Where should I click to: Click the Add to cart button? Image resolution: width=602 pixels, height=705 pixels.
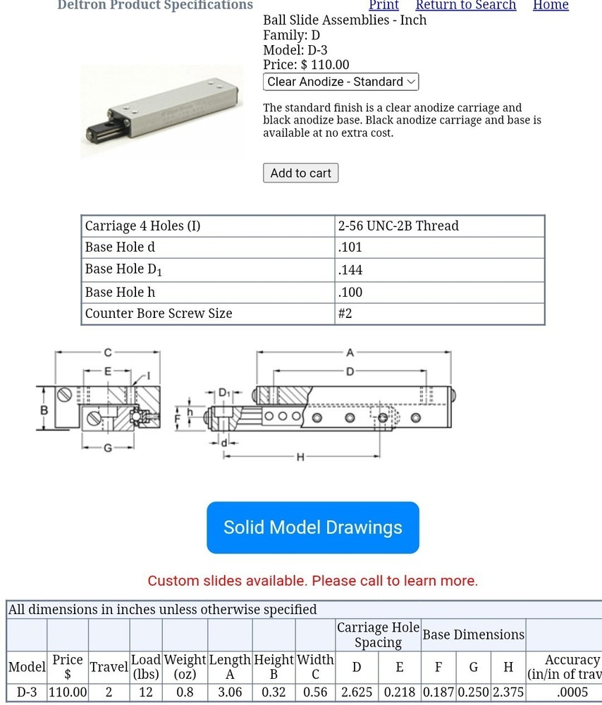point(300,173)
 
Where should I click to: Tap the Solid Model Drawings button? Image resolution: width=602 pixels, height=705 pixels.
point(313,527)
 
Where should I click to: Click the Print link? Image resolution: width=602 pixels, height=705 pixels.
point(383,5)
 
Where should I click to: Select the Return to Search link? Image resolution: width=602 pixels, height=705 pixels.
point(465,5)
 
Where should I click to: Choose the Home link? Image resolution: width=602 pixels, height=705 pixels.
point(551,5)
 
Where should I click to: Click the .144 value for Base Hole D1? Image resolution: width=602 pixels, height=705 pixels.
point(350,270)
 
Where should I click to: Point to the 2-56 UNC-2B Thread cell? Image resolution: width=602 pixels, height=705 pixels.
point(398,226)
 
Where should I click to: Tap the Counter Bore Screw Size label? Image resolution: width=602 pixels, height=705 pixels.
point(159,314)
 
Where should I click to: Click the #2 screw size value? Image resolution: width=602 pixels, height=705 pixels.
point(345,314)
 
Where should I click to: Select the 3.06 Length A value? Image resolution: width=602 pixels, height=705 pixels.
point(230,692)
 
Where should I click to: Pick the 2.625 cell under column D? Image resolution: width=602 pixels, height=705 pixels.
point(357,692)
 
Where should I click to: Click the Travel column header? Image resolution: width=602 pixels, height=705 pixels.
point(109,667)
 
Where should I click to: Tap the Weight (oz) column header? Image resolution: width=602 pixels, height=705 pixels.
point(185,667)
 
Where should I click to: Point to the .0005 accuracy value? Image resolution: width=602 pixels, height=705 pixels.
point(572,692)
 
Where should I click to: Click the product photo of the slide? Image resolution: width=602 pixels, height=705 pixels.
point(161,113)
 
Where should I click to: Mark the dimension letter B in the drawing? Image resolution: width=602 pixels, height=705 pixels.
point(44,410)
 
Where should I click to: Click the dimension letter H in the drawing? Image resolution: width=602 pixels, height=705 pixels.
point(300,457)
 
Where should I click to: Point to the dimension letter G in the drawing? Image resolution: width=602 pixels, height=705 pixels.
point(108,448)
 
